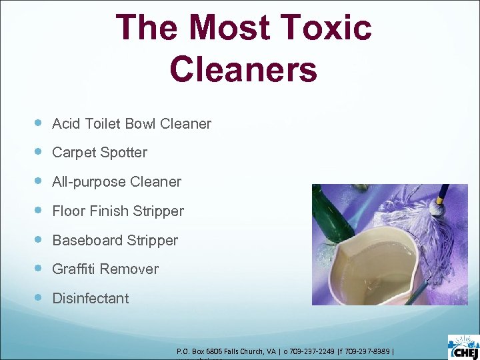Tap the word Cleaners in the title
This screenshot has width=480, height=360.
pyautogui.click(x=243, y=69)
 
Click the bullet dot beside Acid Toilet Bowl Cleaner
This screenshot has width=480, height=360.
pyautogui.click(x=38, y=123)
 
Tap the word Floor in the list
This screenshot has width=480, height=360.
pyautogui.click(x=68, y=211)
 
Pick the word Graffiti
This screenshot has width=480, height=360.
pyautogui.click(x=74, y=269)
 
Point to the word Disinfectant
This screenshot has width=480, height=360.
pyautogui.click(x=91, y=299)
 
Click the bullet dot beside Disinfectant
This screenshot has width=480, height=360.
pyautogui.click(x=38, y=298)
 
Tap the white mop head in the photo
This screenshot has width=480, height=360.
pyautogui.click(x=413, y=220)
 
